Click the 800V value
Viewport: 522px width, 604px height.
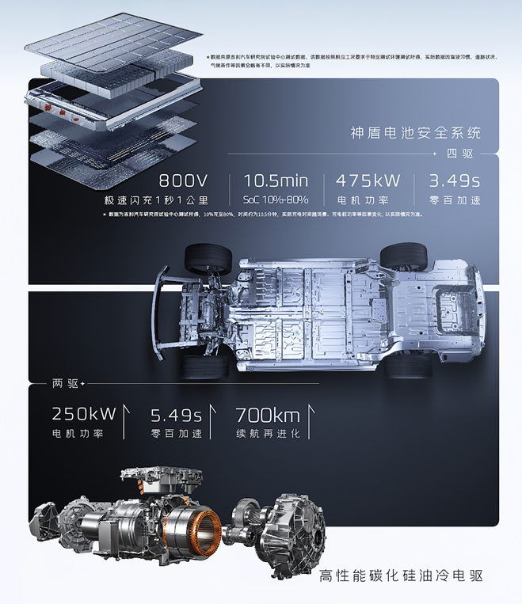click(x=183, y=180)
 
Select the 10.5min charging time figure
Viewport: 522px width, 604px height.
click(x=276, y=180)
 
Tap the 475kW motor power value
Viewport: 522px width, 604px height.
click(x=368, y=180)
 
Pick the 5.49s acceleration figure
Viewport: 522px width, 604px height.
click(x=176, y=413)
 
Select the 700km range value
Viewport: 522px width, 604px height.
click(x=267, y=413)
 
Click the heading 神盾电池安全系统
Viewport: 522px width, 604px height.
click(x=416, y=132)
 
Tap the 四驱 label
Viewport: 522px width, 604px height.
click(x=459, y=153)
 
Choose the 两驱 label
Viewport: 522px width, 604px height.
click(x=66, y=383)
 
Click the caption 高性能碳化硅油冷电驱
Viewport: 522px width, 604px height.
click(x=400, y=576)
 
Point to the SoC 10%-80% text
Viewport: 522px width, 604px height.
click(x=276, y=200)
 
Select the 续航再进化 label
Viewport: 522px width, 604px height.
click(x=268, y=434)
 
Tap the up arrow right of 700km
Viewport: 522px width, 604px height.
click(x=310, y=420)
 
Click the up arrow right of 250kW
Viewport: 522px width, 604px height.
click(x=125, y=420)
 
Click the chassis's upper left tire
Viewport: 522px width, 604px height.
click(x=208, y=259)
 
